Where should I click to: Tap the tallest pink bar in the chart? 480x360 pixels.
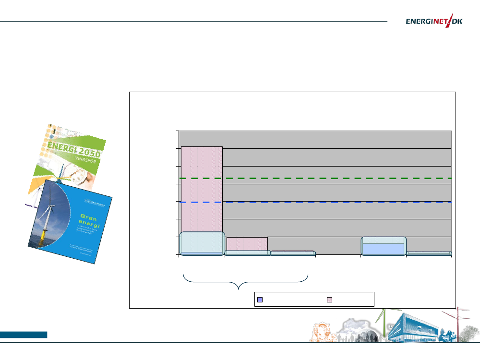click(x=202, y=187)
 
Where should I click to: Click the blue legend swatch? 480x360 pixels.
click(x=260, y=300)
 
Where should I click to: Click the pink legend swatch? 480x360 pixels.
click(x=330, y=300)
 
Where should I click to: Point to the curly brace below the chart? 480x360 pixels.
click(x=245, y=281)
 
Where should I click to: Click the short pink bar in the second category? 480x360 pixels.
click(x=247, y=243)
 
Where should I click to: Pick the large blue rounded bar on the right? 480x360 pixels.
click(x=383, y=246)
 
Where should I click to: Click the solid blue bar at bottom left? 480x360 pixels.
click(x=24, y=335)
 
